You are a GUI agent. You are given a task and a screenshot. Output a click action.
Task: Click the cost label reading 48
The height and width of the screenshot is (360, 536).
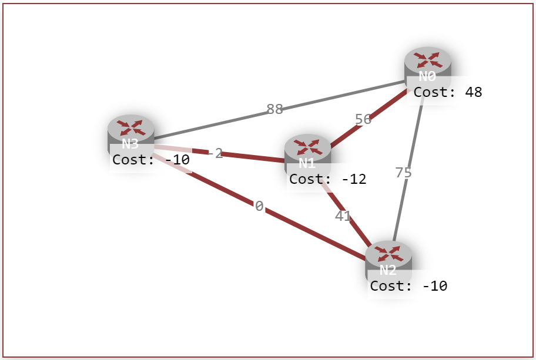[x=447, y=92]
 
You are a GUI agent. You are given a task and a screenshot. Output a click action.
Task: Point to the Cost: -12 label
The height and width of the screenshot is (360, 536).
[x=327, y=179]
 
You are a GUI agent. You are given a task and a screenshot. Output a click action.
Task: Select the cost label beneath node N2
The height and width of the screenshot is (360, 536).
[x=408, y=286]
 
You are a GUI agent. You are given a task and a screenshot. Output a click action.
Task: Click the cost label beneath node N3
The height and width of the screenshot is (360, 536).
[x=150, y=159]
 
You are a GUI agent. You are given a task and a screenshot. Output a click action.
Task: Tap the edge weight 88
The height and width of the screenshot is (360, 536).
[x=274, y=109]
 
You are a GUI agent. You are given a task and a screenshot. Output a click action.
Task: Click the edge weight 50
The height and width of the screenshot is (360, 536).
[x=363, y=119]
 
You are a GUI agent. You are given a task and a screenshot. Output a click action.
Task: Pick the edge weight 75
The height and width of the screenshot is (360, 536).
[x=404, y=173]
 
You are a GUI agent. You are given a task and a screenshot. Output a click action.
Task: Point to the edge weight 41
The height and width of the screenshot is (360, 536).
[x=343, y=216]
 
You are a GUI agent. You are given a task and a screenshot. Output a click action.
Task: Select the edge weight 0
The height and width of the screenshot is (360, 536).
[x=259, y=206]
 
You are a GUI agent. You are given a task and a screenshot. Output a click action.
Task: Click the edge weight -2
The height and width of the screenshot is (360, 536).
[x=216, y=154]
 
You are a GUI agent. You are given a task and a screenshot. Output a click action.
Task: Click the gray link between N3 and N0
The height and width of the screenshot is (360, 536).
[x=223, y=122]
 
